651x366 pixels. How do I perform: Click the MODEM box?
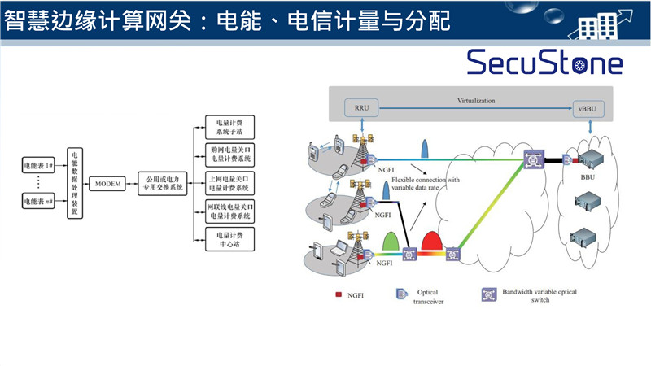pos(107,184)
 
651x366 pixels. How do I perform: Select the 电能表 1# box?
pos(38,166)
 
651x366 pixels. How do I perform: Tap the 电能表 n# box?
pos(38,201)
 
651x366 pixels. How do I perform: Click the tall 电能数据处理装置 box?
pos(74,183)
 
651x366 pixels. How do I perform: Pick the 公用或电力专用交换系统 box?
pos(162,183)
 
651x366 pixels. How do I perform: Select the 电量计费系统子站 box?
pos(230,127)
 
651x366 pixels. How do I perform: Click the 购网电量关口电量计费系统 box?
pos(230,155)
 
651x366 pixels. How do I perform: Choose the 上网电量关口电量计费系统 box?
pos(230,183)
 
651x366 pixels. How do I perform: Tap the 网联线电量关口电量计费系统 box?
pos(230,211)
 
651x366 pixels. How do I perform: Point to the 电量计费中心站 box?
pos(230,239)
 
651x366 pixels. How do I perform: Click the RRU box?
pos(362,107)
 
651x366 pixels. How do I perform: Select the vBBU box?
pos(585,107)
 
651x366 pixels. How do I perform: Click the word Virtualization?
pos(476,101)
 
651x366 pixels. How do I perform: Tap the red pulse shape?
pos(430,242)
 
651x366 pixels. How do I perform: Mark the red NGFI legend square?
pos(338,293)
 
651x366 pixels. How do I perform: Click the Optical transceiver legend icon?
pos(400,293)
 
